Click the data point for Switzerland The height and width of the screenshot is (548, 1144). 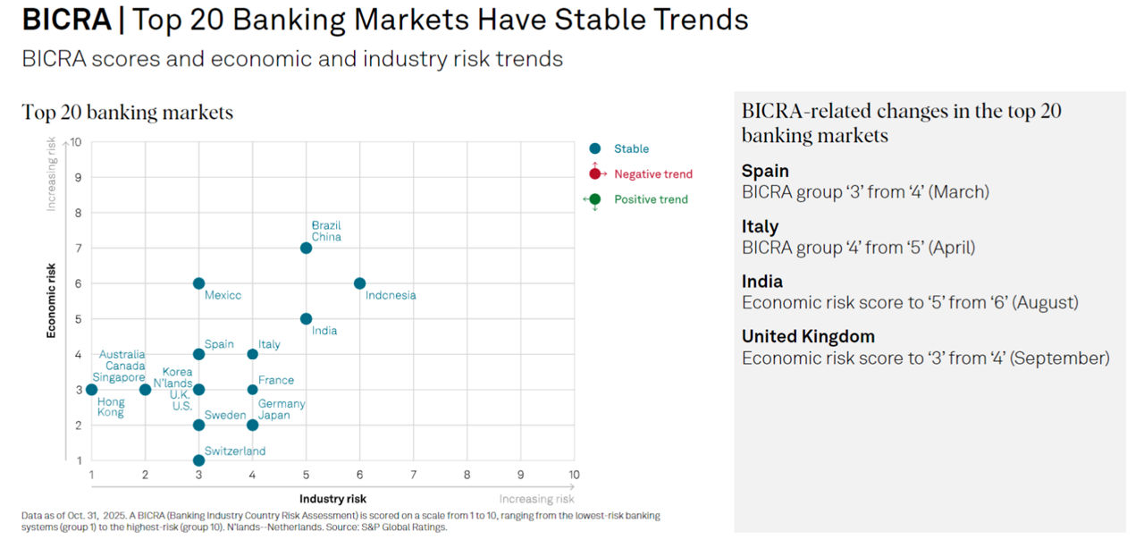point(198,460)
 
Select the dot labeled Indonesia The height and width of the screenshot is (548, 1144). point(359,283)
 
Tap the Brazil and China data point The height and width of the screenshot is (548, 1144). point(306,248)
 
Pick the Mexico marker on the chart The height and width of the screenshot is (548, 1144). point(198,283)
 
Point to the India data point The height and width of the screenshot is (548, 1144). point(306,318)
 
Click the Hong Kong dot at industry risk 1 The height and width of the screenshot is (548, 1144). point(91,390)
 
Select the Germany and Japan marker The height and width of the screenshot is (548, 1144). point(252,425)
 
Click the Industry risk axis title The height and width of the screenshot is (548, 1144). point(332,499)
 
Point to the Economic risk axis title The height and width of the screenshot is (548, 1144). point(52,299)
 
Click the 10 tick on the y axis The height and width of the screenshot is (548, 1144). point(76,141)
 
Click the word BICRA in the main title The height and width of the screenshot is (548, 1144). point(67,21)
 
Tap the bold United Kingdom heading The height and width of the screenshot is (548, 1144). point(808,337)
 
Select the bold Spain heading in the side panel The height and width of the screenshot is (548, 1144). point(765,171)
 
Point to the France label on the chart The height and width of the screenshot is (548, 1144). point(276,381)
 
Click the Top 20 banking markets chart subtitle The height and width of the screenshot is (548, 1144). point(127,113)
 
